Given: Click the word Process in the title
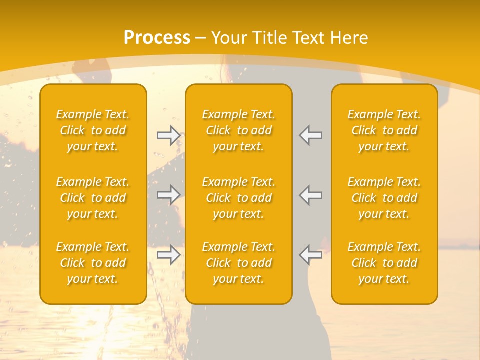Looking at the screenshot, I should pos(157,38).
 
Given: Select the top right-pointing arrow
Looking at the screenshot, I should pos(168,135).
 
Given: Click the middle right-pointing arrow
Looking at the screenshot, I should pos(168,195).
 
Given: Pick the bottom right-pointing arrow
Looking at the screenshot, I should pos(168,254).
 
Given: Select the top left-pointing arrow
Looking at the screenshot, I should pos(311,135).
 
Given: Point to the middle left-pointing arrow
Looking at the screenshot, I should pos(311,195).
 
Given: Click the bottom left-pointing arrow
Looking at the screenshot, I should pos(311,254).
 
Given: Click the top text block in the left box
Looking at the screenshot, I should pos(93,130).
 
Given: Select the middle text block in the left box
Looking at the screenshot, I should pos(93,198).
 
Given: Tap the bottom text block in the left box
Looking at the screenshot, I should pos(93,263).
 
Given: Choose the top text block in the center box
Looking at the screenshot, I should pos(239,130).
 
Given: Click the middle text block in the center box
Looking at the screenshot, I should pos(239,198).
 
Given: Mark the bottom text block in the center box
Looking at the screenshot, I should pos(239,263).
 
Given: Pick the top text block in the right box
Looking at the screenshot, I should pos(384,130).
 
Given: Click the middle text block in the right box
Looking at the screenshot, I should pos(384,198).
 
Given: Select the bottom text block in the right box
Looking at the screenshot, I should pos(384,263).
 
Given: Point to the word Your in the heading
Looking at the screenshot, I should pos(228,38).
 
